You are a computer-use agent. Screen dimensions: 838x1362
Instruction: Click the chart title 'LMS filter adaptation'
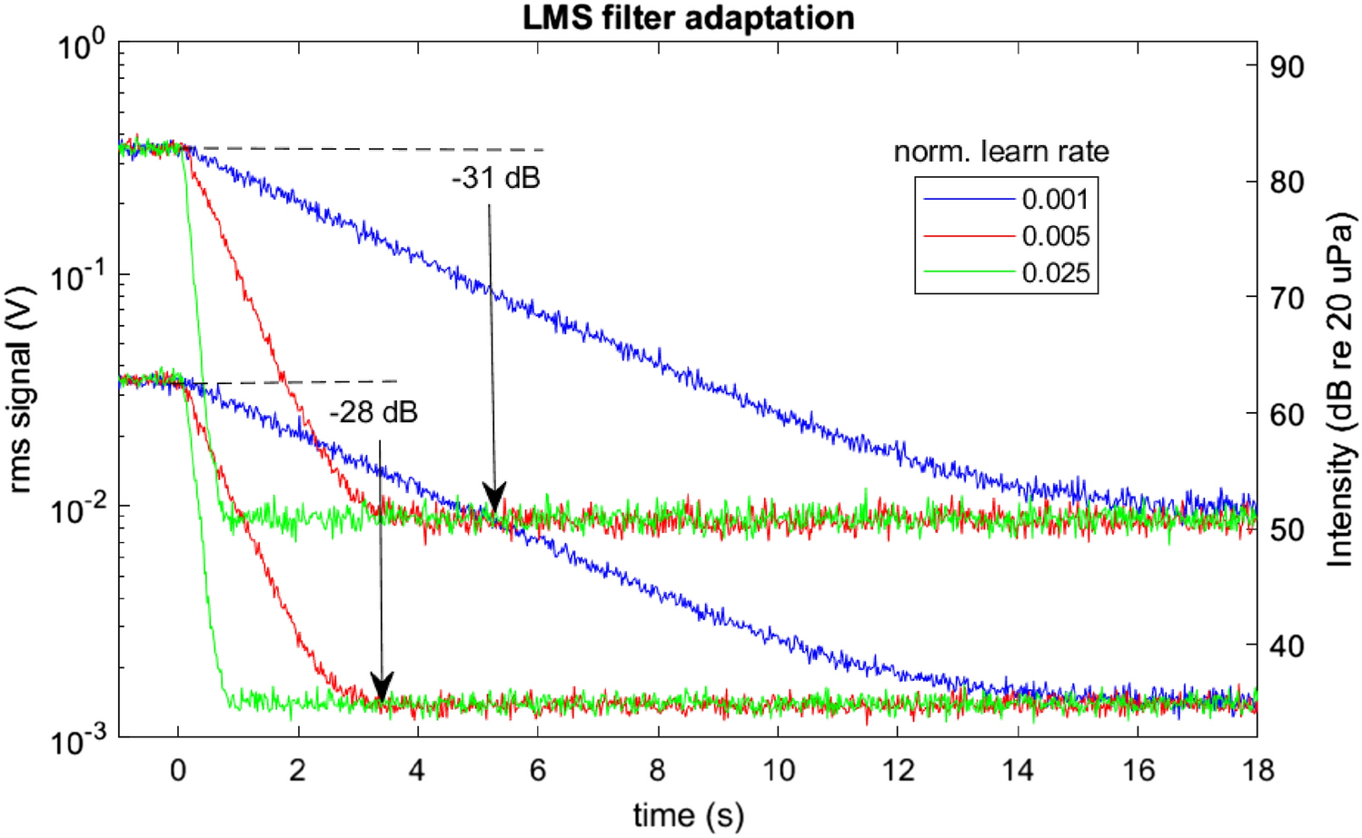[x=688, y=17]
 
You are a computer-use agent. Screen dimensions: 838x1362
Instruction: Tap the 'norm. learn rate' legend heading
[x=1000, y=151]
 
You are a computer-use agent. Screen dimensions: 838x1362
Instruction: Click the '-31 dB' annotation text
[x=495, y=178]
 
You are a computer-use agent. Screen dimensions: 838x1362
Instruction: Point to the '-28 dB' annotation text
[x=373, y=412]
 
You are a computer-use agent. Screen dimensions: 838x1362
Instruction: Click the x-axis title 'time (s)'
[x=688, y=814]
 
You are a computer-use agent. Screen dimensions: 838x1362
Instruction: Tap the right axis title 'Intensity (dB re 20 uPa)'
[x=1339, y=390]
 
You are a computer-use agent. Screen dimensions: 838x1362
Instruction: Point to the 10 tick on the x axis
[x=778, y=770]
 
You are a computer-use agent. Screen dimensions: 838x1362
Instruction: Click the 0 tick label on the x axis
[x=178, y=770]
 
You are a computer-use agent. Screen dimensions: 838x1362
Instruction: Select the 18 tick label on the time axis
[x=1258, y=770]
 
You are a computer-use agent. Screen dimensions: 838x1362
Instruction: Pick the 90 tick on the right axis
[x=1287, y=66]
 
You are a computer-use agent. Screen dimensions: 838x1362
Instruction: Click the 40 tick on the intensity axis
[x=1287, y=646]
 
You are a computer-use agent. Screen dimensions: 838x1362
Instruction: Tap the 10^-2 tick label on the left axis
[x=78, y=509]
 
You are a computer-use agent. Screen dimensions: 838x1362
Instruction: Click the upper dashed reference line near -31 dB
[x=382, y=148]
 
